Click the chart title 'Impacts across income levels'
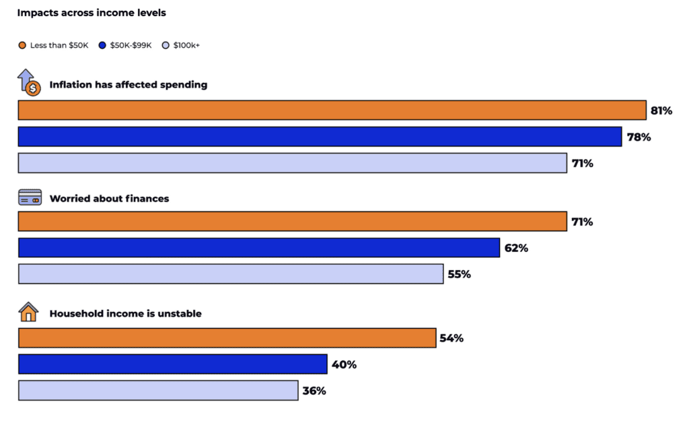(x=92, y=13)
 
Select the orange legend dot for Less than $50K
(x=22, y=45)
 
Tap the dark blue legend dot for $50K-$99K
(x=102, y=45)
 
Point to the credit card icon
(x=30, y=198)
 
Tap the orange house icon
(x=29, y=313)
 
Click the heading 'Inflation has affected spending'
(x=128, y=85)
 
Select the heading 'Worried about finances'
(x=109, y=199)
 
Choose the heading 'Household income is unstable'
(x=125, y=313)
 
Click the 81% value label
(x=661, y=110)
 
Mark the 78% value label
(x=639, y=137)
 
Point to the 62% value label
(x=516, y=248)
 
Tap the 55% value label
(x=459, y=274)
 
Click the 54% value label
(x=451, y=338)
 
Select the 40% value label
(x=344, y=364)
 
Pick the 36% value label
(x=314, y=391)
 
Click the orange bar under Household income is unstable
(x=227, y=338)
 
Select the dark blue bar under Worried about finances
(x=258, y=248)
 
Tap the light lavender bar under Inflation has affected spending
(x=292, y=163)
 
